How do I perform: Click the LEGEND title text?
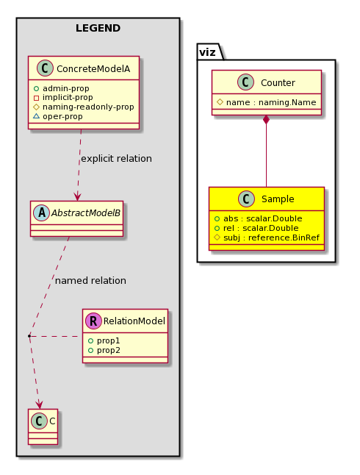click(98, 28)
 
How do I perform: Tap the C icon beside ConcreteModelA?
click(45, 68)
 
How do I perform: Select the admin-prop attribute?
click(66, 88)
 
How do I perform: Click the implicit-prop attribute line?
click(68, 98)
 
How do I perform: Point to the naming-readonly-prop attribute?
click(88, 107)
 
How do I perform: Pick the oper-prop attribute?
click(62, 117)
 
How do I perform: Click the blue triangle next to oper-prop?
click(36, 116)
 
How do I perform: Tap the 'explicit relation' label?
click(117, 159)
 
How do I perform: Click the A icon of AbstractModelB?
click(41, 213)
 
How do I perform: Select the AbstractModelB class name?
click(86, 213)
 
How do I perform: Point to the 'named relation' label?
click(90, 281)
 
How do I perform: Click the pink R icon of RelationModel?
click(93, 321)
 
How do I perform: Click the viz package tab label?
click(207, 52)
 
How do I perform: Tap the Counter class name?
click(278, 82)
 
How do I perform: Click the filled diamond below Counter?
click(267, 120)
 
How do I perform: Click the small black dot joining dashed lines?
click(29, 336)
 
